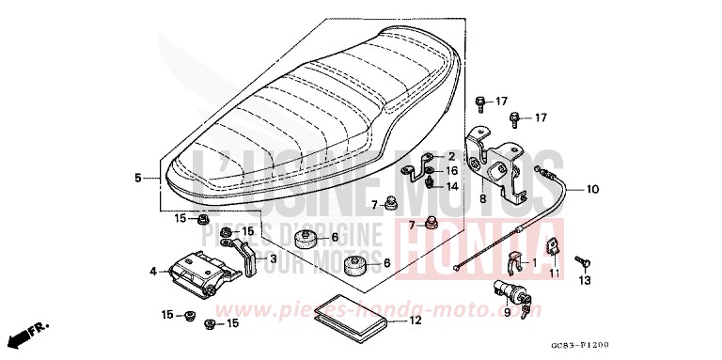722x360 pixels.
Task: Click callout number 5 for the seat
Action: (x=137, y=177)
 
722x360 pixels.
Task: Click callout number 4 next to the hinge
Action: (x=152, y=272)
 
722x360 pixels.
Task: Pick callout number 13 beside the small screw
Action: (x=584, y=280)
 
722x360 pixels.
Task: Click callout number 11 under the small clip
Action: (x=554, y=273)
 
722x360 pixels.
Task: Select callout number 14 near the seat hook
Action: (x=451, y=186)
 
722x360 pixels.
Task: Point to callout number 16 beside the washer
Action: (x=451, y=171)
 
